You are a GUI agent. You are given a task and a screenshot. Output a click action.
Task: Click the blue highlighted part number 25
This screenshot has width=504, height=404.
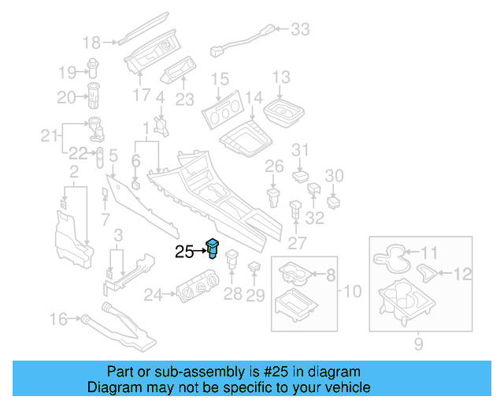pyautogui.click(x=213, y=248)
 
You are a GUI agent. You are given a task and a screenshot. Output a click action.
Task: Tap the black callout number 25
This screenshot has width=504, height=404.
pyautogui.click(x=184, y=252)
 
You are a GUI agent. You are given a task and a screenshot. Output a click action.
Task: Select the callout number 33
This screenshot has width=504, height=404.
pyautogui.click(x=300, y=29)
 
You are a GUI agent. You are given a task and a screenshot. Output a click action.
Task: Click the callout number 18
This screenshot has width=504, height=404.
pyautogui.click(x=91, y=43)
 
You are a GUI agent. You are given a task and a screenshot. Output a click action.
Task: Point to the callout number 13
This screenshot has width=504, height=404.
pyautogui.click(x=282, y=77)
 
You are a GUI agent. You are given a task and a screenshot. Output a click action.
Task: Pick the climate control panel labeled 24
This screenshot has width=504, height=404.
pyautogui.click(x=198, y=286)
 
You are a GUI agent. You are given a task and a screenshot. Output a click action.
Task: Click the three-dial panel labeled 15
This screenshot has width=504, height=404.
pyautogui.click(x=222, y=110)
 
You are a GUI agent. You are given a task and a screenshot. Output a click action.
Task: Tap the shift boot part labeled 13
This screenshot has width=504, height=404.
pyautogui.click(x=283, y=113)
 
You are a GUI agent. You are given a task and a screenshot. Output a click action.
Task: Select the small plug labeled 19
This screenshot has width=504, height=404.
pyautogui.click(x=93, y=68)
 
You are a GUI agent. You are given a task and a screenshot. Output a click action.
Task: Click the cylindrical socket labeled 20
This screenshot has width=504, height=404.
pyautogui.click(x=94, y=95)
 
